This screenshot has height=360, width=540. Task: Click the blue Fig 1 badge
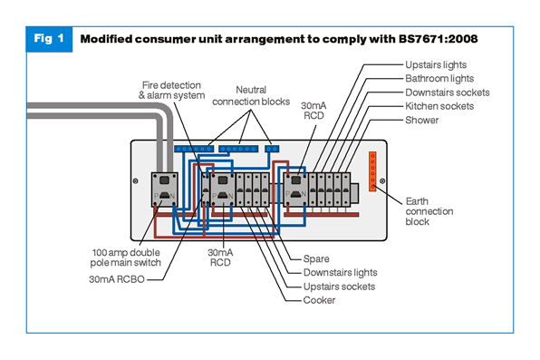49,39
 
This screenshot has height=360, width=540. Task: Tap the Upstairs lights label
436,64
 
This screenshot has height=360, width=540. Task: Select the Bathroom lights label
439,79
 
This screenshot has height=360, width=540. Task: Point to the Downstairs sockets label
448,92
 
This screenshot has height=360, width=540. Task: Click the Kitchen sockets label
439,106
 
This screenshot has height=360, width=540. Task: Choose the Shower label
422,120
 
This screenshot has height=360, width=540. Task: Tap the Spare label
316,259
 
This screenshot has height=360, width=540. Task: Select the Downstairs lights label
341,273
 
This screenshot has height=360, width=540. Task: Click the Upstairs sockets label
339,287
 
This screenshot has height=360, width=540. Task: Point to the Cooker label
319,300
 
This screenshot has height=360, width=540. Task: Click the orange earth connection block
372,171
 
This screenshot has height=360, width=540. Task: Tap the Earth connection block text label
429,211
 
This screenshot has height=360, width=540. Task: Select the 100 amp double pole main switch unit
165,190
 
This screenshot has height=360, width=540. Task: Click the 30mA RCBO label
117,279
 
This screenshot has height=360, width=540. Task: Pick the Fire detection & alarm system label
171,91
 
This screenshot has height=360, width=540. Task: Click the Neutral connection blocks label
251,96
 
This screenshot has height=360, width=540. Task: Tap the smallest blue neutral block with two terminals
272,149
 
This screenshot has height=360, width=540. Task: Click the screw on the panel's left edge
136,181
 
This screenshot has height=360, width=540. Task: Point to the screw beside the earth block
382,181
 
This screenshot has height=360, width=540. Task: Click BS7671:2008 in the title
438,39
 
